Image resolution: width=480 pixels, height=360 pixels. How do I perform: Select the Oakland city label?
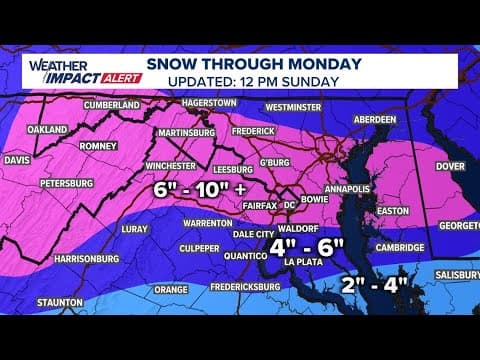click(48, 129)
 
